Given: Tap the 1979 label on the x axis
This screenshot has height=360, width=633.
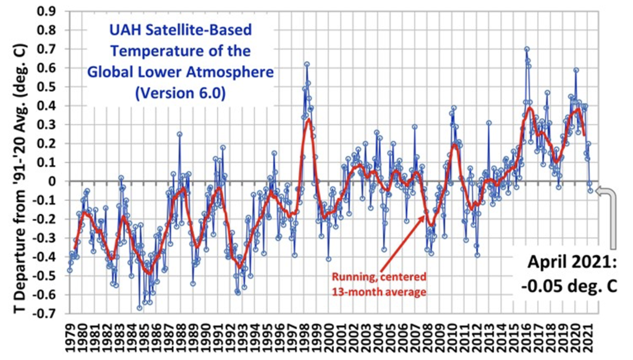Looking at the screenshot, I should click(69, 340).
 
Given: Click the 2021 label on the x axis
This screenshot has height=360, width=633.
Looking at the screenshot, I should click(590, 340).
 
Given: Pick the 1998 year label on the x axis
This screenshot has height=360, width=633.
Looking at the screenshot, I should click(305, 340).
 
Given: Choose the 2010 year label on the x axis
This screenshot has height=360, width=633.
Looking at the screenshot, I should click(454, 340).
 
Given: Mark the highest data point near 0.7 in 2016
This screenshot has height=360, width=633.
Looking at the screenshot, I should click(527, 49).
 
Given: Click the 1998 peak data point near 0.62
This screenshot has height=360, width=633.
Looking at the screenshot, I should click(307, 64).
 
